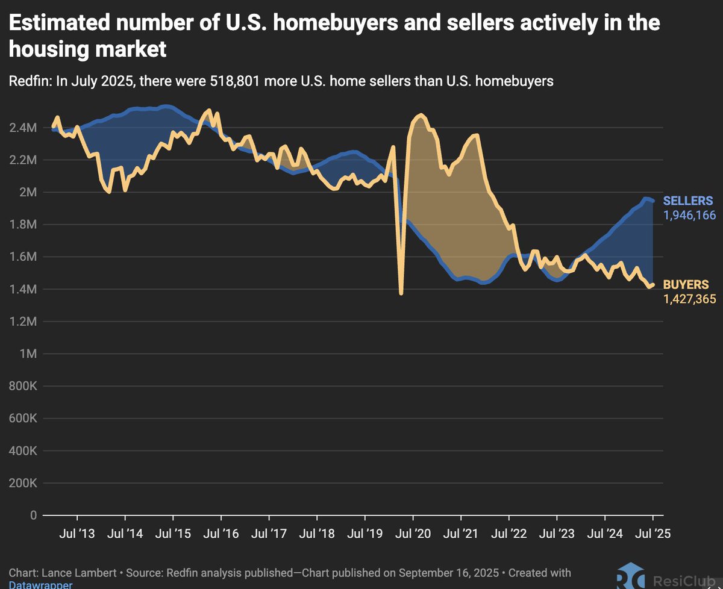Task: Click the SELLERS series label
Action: (687, 201)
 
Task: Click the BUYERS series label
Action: (685, 285)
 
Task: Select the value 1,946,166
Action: (689, 214)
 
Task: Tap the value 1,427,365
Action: (689, 298)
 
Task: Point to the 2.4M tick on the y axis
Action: (23, 128)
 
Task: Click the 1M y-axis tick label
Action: (28, 354)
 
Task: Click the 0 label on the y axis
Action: (33, 516)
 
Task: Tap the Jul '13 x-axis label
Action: (77, 533)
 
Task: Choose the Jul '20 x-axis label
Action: (413, 533)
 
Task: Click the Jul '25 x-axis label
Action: (653, 533)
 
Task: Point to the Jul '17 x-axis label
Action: (269, 533)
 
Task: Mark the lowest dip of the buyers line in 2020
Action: (401, 293)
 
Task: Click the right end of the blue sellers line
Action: (653, 201)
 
